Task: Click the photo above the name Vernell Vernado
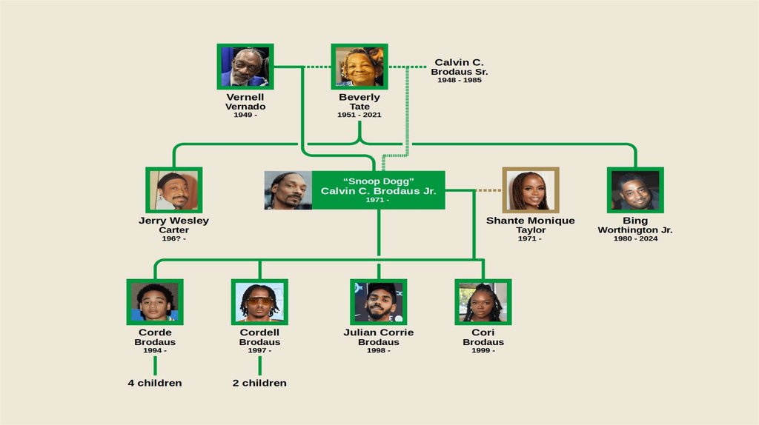pos(245,67)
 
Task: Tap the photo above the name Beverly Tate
pos(359,67)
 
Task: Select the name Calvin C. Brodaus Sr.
pos(460,67)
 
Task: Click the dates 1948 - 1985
pos(460,80)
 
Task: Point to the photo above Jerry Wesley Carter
pos(173,190)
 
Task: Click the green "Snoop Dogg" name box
pos(378,190)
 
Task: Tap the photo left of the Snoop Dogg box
pos(288,190)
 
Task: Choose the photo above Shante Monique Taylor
pos(531,190)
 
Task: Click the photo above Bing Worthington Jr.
pos(635,190)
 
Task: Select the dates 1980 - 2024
pos(635,238)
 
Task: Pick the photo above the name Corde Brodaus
pos(155,301)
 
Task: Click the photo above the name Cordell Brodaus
pos(259,301)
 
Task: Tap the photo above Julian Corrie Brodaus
pos(379,301)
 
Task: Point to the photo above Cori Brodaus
pos(483,301)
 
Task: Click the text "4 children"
pos(155,383)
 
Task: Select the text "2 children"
pos(259,383)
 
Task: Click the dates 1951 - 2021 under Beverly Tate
pos(359,115)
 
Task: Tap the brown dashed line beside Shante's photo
pos(488,190)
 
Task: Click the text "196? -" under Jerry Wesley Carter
pos(173,238)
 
